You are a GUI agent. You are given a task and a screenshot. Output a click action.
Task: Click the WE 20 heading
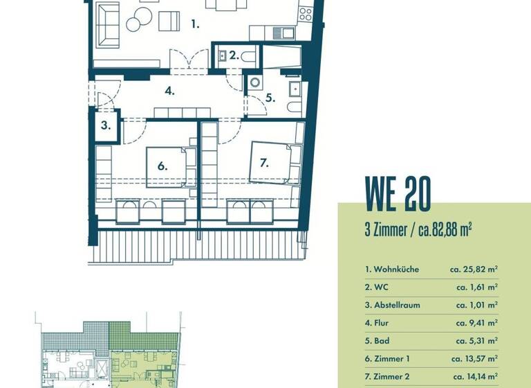[x=398, y=194]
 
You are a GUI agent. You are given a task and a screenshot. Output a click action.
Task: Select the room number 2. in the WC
[x=234, y=55]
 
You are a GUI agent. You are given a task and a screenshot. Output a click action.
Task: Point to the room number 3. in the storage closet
[x=105, y=125]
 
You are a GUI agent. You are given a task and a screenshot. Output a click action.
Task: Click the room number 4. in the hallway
[x=169, y=91]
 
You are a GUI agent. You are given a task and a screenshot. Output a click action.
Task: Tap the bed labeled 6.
[x=166, y=166]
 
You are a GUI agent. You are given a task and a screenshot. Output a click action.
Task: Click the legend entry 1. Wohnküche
[x=392, y=269]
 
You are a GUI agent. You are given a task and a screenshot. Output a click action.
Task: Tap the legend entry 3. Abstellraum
[x=392, y=305]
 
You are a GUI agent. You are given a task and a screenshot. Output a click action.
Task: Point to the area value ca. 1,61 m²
[x=477, y=287]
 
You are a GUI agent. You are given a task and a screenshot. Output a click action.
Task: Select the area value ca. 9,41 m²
[x=477, y=323]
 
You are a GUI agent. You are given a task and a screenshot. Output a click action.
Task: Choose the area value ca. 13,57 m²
[x=475, y=359]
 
